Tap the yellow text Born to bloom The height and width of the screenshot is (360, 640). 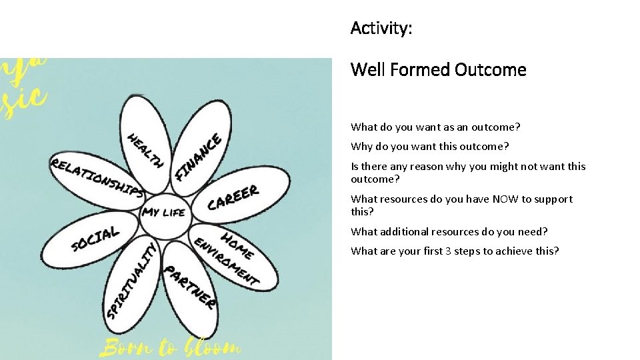[170, 347]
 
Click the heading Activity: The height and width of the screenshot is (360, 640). [381, 28]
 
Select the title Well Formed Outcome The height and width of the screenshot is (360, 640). [438, 69]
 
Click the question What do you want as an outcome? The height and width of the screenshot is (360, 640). [435, 127]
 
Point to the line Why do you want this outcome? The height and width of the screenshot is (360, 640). [429, 146]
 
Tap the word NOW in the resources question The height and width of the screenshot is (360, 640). [503, 199]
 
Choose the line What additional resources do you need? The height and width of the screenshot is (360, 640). [449, 231]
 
